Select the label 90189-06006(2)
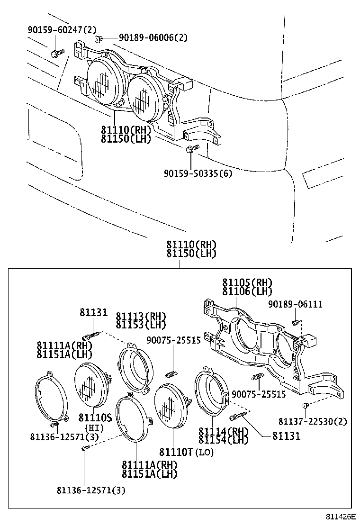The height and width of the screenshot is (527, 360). [146, 37]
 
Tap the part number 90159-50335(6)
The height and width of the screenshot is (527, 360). [198, 173]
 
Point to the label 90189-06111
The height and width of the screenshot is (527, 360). [295, 304]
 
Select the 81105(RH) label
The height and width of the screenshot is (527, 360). [247, 283]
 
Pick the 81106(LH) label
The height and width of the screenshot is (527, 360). [247, 291]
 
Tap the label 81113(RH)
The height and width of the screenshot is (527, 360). [141, 317]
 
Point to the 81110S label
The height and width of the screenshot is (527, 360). [95, 417]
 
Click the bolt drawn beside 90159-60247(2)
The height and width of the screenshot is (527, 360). [57, 53]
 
